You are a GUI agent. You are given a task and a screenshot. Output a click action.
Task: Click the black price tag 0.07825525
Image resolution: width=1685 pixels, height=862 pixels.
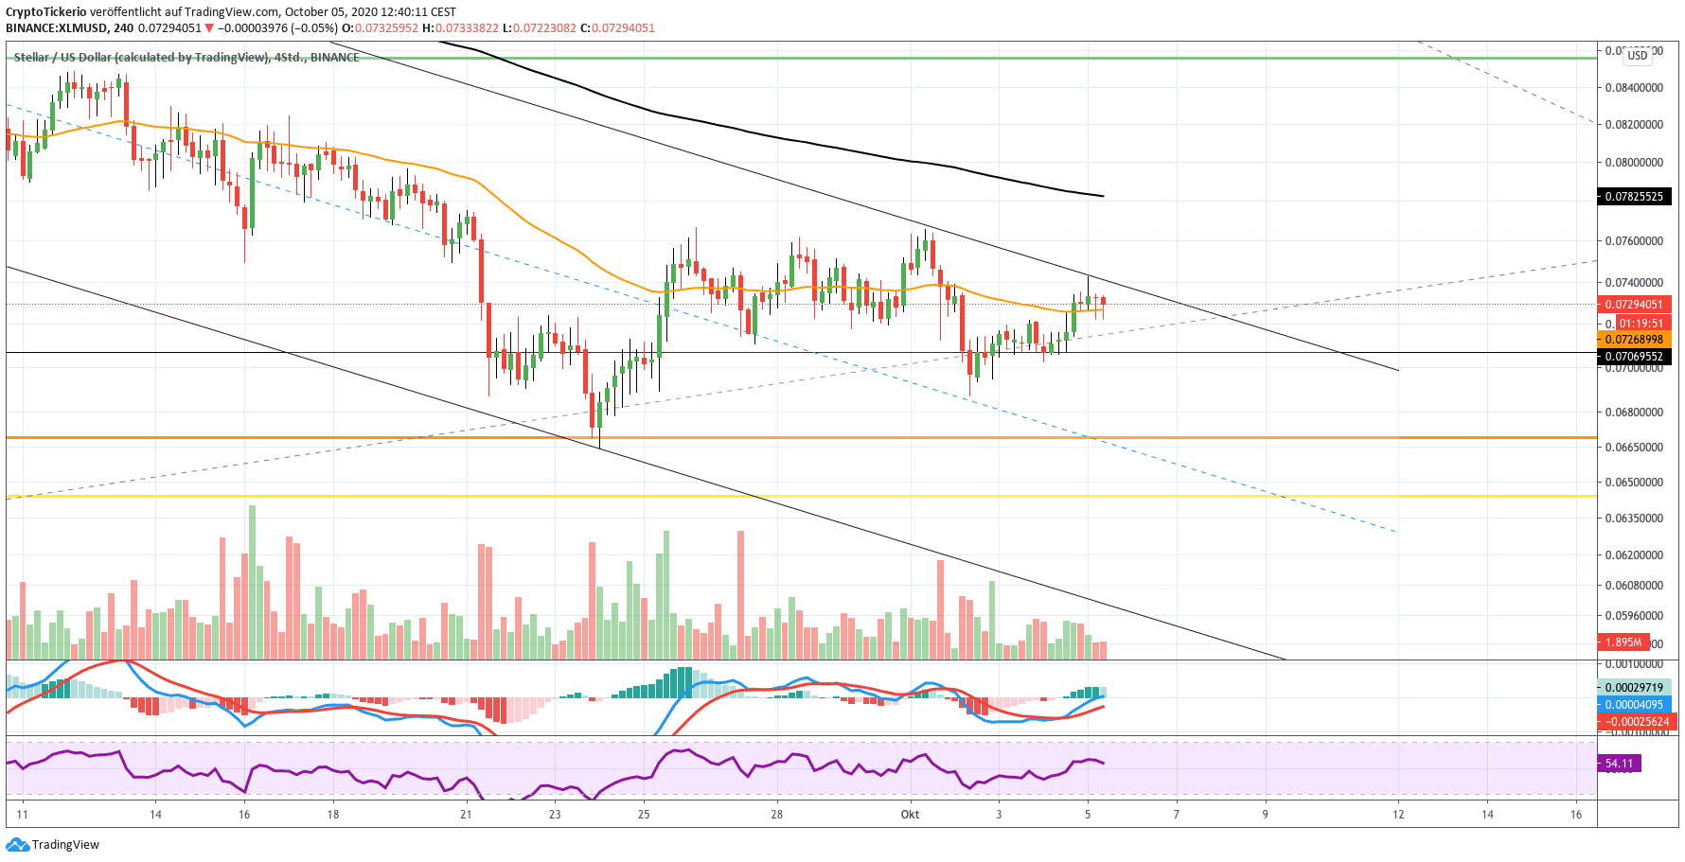1633,197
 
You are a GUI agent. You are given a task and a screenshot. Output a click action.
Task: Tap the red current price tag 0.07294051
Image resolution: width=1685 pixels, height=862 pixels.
1633,305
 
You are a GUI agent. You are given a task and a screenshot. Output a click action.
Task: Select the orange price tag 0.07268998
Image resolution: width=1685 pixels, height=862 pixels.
1633,340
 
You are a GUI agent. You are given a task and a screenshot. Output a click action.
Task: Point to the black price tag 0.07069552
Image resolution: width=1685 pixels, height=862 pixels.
1633,357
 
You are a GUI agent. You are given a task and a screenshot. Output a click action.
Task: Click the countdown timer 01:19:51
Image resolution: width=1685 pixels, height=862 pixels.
1641,324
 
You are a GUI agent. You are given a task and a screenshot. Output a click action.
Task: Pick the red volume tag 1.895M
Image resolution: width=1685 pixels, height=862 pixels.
1623,642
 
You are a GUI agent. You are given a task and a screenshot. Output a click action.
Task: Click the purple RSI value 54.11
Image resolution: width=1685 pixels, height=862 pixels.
1619,764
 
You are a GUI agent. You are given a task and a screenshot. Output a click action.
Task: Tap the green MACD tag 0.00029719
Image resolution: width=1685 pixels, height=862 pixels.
1633,688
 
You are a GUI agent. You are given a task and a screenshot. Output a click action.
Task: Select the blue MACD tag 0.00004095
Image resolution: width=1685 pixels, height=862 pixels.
1633,705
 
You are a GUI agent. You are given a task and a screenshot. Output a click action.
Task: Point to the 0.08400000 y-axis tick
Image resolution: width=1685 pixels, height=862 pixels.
1634,88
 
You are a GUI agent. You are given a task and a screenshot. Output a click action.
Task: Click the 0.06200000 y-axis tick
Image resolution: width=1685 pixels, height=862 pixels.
1634,555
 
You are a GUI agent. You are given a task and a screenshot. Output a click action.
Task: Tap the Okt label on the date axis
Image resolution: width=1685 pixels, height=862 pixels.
910,815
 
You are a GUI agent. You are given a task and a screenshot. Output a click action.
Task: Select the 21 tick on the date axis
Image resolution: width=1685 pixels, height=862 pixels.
466,815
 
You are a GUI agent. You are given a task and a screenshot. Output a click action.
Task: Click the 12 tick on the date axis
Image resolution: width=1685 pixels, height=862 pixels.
1398,815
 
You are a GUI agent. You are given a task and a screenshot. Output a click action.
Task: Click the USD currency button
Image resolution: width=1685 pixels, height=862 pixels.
1638,55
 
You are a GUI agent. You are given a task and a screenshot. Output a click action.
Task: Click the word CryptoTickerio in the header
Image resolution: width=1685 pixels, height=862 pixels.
45,12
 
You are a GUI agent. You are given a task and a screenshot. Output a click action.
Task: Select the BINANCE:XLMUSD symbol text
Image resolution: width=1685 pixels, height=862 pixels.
57,28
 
